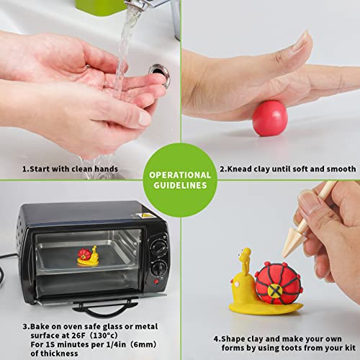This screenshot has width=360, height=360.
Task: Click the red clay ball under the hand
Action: (x=270, y=118)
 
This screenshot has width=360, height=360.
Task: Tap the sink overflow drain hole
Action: (x=159, y=73)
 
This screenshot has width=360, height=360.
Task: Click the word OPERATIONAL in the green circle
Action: (x=180, y=175)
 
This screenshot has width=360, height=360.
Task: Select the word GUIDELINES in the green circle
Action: (x=180, y=185)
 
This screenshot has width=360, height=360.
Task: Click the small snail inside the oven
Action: (x=88, y=256)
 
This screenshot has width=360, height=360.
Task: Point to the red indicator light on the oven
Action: (x=156, y=282)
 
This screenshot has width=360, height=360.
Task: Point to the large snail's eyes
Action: (x=243, y=253)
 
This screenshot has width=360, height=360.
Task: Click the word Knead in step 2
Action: (x=239, y=168)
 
